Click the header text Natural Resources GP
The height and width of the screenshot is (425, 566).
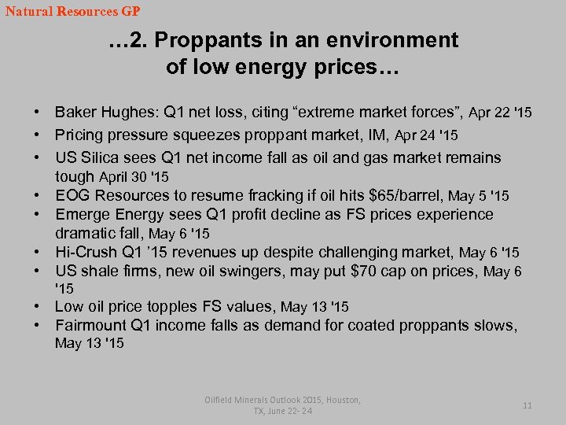click(72, 12)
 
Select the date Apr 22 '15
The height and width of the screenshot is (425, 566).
click(500, 113)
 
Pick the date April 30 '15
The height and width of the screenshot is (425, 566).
click(134, 177)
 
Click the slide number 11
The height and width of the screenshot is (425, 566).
click(527, 405)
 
